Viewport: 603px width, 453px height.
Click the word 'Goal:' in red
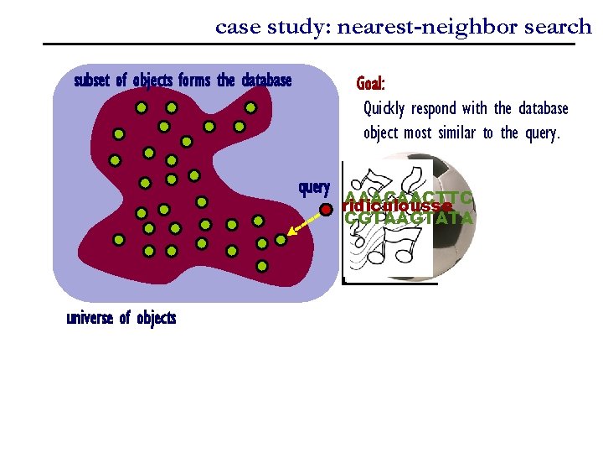370,84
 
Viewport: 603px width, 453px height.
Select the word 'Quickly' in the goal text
386,109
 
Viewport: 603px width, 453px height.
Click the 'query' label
314,187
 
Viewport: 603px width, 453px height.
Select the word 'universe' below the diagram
90,318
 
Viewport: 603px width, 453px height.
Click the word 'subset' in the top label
91,81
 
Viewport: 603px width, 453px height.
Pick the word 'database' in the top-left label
266,81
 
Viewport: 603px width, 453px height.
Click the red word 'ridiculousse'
398,206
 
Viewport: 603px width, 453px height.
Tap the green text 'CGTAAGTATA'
410,219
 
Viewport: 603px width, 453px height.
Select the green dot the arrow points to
281,239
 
